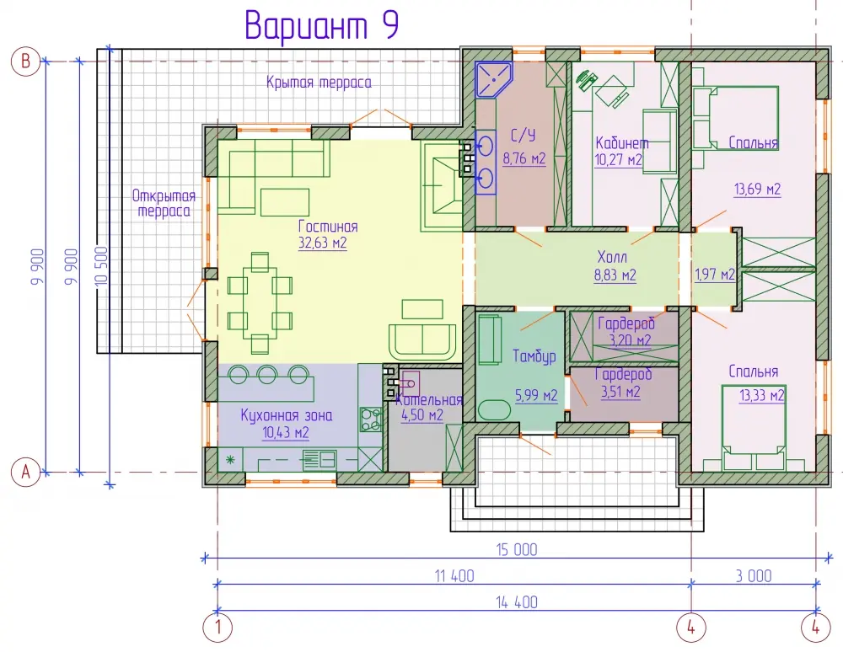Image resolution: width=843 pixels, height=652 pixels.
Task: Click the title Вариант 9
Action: coord(321,25)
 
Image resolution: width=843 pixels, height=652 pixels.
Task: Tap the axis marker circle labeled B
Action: coord(25,61)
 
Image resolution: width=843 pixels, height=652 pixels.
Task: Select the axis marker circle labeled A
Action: coord(25,472)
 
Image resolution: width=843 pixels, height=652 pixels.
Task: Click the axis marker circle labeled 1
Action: coord(217,628)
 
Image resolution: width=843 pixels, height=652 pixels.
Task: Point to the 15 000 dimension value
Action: coord(516,549)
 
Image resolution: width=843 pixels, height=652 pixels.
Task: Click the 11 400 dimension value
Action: coord(454,575)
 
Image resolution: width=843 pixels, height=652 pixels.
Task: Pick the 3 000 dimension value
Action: coord(754,575)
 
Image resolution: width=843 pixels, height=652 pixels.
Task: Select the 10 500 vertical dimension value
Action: coord(103,267)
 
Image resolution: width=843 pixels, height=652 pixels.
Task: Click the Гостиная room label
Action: coord(328,226)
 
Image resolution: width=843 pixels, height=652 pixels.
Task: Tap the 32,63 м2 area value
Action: coord(323,243)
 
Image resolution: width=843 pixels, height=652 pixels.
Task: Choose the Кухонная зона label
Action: coord(286,415)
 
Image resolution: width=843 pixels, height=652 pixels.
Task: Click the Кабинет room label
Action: coord(622,143)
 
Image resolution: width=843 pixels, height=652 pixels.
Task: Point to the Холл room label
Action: coord(612,257)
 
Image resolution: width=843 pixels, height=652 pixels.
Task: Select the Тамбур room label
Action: coord(534,356)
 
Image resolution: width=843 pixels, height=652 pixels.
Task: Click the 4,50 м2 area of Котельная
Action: coord(422,414)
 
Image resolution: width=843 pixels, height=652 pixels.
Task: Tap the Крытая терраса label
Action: coord(319,83)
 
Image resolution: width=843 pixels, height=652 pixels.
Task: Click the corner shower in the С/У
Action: coord(493,80)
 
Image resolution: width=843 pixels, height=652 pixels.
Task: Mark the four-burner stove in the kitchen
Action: coord(370,419)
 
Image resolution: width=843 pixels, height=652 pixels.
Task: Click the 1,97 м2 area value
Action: coord(715,275)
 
